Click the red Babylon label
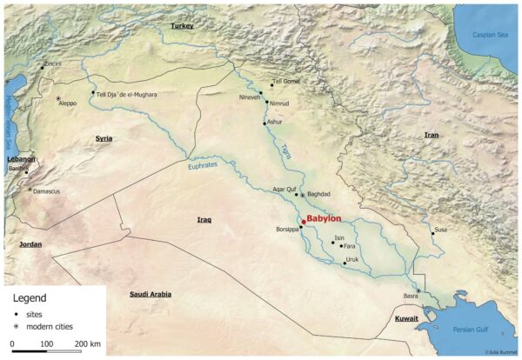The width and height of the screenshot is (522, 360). [x=324, y=218]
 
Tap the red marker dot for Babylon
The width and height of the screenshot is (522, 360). [x=303, y=223]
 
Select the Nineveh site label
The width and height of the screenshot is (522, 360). [x=248, y=97]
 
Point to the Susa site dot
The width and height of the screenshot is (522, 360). [x=432, y=233]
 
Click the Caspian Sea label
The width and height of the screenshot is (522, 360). [x=488, y=34]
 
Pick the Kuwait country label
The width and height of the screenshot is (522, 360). [x=406, y=319]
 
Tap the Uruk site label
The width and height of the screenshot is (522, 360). [x=351, y=259]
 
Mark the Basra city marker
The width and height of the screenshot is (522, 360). [x=418, y=291]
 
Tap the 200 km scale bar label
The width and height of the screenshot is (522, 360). [x=88, y=344]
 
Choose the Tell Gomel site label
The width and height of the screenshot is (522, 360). [x=286, y=81]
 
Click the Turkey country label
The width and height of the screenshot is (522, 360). [x=182, y=26]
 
